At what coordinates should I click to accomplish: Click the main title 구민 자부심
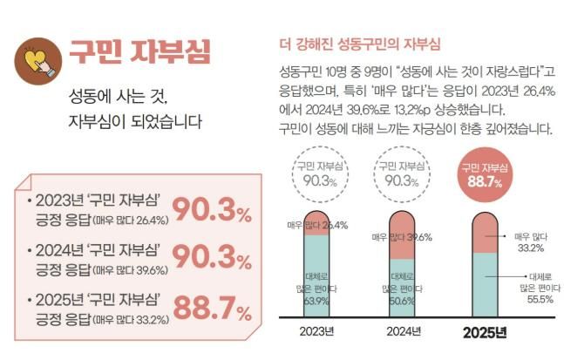(x=140, y=51)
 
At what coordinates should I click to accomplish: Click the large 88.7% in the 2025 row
(x=212, y=307)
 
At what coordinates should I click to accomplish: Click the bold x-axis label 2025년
(x=485, y=333)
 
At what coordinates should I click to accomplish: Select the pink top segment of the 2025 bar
(x=486, y=232)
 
